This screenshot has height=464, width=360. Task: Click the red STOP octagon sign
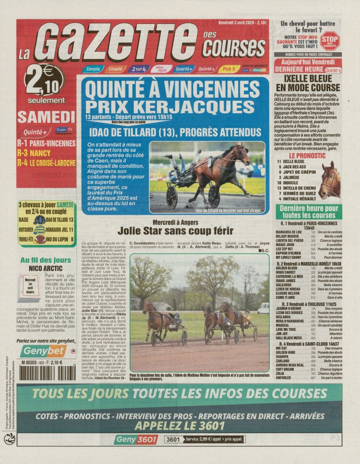[x=330, y=40]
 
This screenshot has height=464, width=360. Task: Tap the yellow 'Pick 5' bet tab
[x=229, y=69]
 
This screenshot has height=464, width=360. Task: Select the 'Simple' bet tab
[x=93, y=69]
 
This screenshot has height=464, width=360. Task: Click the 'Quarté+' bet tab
[x=184, y=69]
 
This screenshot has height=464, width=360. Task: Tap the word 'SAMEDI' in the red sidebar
[x=46, y=117]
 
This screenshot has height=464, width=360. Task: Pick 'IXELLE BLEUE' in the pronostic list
[x=294, y=162]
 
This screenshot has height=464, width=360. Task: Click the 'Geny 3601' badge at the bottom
[x=135, y=440]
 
